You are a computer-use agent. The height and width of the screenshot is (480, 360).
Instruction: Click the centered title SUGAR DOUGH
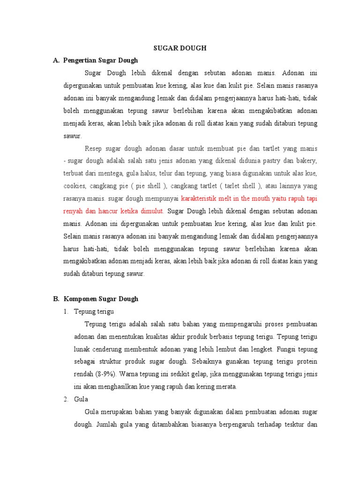pyautogui.click(x=180, y=48)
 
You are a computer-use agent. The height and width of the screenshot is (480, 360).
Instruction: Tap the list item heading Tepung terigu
pyautogui.click(x=94, y=311)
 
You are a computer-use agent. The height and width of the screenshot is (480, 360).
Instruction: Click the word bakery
pyautogui.click(x=306, y=161)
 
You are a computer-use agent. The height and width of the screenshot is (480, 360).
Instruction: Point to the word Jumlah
pyautogui.click(x=109, y=424)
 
